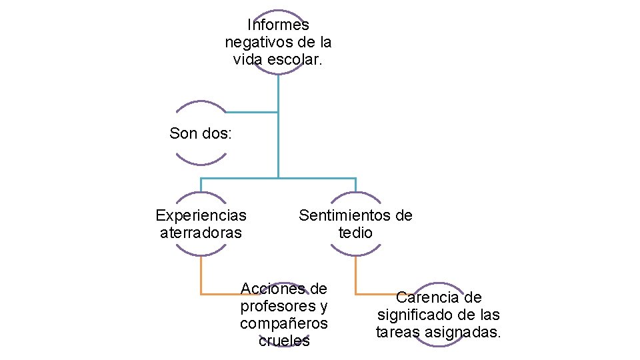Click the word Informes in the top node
278,25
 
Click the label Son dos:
201,133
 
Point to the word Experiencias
201,215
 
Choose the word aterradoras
201,233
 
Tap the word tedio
355,233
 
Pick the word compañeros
284,323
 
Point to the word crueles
284,341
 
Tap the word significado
417,315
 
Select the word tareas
397,332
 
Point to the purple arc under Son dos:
201,161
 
